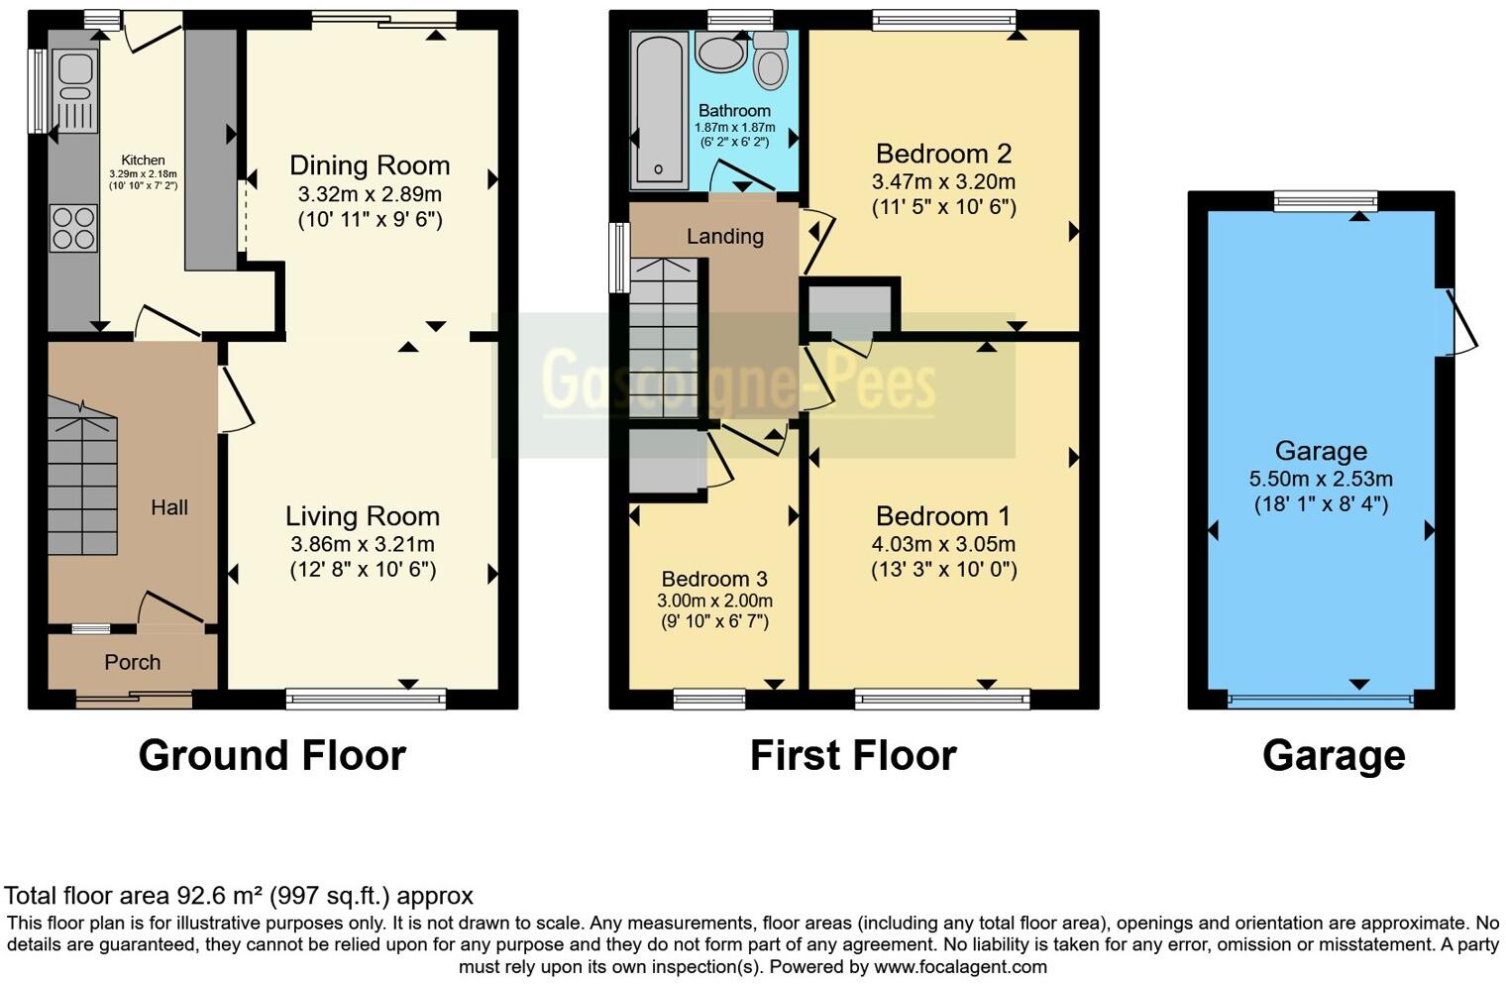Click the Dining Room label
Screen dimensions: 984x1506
click(x=370, y=165)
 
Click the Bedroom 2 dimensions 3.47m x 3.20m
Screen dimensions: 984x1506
click(x=943, y=182)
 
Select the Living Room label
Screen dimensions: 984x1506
click(x=363, y=516)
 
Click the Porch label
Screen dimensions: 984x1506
click(x=133, y=662)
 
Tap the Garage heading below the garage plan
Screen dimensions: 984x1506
click(x=1334, y=756)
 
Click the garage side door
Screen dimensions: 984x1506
click(x=1458, y=322)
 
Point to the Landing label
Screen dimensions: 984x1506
click(x=725, y=237)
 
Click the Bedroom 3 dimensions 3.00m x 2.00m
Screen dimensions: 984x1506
click(x=714, y=601)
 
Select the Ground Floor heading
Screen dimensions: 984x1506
click(x=272, y=756)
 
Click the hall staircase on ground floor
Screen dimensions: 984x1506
click(x=82, y=476)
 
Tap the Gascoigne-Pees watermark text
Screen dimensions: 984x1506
click(x=738, y=382)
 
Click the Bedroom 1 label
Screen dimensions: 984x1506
click(x=943, y=516)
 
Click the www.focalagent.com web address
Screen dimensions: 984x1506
click(x=960, y=967)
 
